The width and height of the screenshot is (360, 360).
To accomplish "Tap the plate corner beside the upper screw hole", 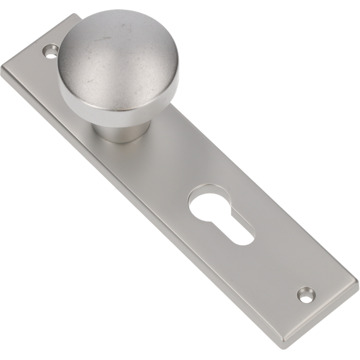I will click(37, 40).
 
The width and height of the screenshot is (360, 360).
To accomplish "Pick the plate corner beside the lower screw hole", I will click(329, 293).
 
